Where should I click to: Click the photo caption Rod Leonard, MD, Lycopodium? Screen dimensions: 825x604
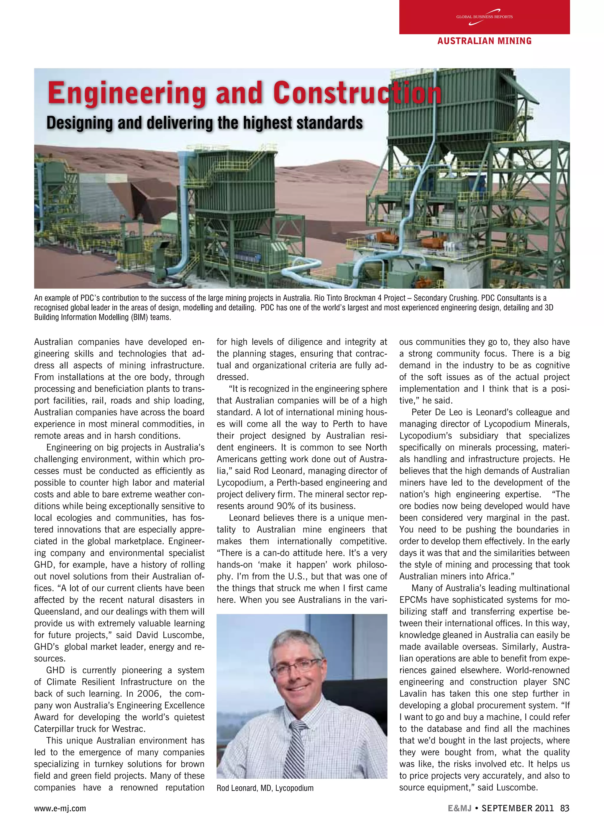pos(265,788)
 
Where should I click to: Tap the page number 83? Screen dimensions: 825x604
pos(564,808)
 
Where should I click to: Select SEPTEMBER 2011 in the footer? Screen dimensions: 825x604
pos(517,808)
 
